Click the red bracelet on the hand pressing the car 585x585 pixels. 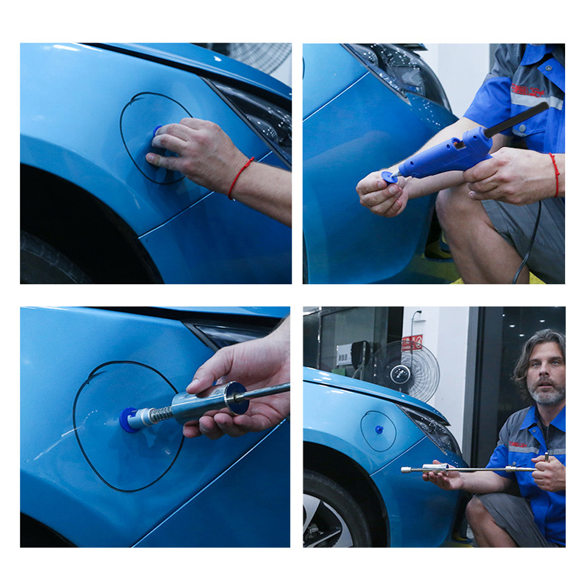(240, 175)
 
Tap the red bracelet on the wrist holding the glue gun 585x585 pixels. (554, 174)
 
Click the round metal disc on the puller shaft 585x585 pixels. (236, 398)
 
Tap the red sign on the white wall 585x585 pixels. (412, 343)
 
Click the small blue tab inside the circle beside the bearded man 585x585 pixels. (378, 429)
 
